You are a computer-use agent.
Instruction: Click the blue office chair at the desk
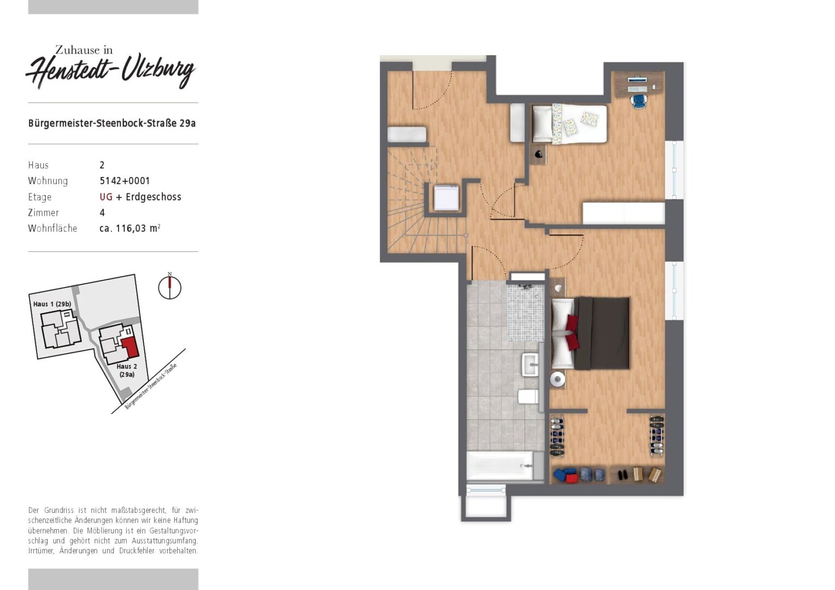(639, 101)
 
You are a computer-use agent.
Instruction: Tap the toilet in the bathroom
(528, 397)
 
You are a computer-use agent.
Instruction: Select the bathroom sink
(530, 364)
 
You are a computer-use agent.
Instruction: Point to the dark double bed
(591, 333)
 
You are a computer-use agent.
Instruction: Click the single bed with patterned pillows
(569, 124)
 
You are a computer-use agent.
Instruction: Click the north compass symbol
(169, 286)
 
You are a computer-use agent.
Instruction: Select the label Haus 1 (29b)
(52, 304)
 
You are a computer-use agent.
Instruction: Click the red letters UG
(106, 197)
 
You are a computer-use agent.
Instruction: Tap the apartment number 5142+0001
(125, 181)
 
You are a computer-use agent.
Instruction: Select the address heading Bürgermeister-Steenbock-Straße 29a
(112, 123)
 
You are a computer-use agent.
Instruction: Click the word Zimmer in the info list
(43, 213)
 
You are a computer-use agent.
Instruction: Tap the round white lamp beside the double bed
(557, 380)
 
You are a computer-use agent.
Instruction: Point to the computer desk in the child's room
(639, 84)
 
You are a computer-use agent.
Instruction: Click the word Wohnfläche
(52, 228)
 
